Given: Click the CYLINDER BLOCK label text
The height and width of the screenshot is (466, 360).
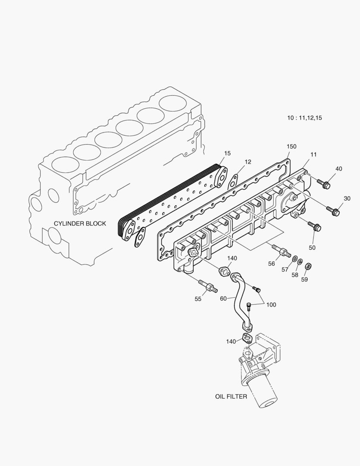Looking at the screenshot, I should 80,224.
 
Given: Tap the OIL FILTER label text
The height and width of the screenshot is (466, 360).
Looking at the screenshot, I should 231,396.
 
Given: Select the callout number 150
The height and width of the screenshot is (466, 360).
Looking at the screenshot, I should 291,147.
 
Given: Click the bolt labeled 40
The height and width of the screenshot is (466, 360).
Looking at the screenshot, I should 324,184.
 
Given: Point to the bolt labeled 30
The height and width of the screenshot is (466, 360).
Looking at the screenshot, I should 334,211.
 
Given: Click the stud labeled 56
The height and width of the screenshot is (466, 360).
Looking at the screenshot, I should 280,250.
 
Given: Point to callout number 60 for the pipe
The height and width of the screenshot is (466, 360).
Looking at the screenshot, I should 223,298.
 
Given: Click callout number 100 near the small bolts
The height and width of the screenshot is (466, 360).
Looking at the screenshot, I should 271,305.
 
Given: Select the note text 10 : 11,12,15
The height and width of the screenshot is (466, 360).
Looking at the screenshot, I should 305,117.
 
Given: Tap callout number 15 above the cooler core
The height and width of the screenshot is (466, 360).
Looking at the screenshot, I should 227,153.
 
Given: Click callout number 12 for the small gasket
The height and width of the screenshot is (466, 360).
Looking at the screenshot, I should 247,162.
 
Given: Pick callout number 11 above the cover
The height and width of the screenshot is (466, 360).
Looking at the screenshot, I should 313,154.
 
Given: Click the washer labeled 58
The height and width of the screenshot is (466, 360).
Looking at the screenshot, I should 301,262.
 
